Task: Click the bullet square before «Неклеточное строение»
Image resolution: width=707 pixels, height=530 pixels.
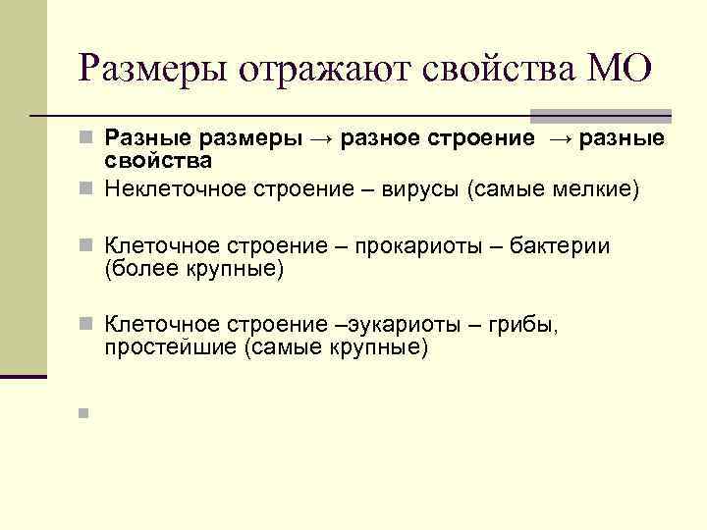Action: pyautogui.click(x=85, y=187)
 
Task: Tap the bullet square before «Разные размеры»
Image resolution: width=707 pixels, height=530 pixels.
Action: pyautogui.click(x=85, y=140)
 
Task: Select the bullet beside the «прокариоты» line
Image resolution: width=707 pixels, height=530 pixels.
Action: pyautogui.click(x=85, y=245)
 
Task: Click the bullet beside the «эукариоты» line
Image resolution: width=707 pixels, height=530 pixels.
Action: pyautogui.click(x=85, y=324)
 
